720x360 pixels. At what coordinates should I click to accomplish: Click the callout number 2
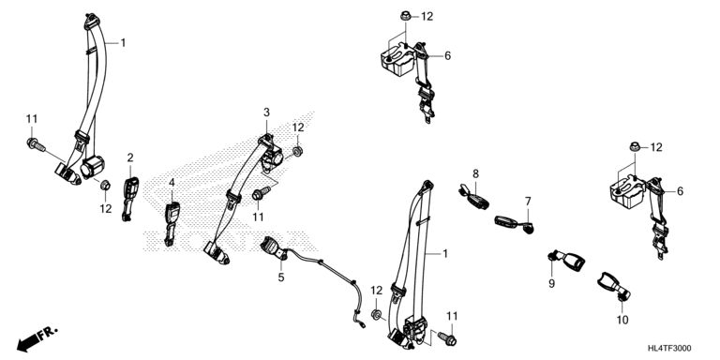130,158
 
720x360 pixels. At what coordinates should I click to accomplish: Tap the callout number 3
267,112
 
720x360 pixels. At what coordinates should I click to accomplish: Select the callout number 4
172,183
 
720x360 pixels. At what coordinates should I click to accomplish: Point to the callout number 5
281,277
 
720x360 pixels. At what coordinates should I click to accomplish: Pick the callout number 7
528,202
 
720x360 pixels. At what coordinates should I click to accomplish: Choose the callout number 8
475,173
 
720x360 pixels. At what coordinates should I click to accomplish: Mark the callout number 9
551,284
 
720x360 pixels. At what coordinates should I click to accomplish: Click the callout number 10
622,320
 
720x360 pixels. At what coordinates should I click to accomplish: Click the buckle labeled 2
130,199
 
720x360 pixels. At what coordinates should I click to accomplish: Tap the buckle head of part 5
273,247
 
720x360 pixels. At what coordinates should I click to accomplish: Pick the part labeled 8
472,197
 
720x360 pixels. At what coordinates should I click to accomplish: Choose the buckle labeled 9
566,262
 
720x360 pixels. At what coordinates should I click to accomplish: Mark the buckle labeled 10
613,287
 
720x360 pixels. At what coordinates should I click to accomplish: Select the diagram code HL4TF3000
669,349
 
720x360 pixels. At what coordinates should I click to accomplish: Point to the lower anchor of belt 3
216,253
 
